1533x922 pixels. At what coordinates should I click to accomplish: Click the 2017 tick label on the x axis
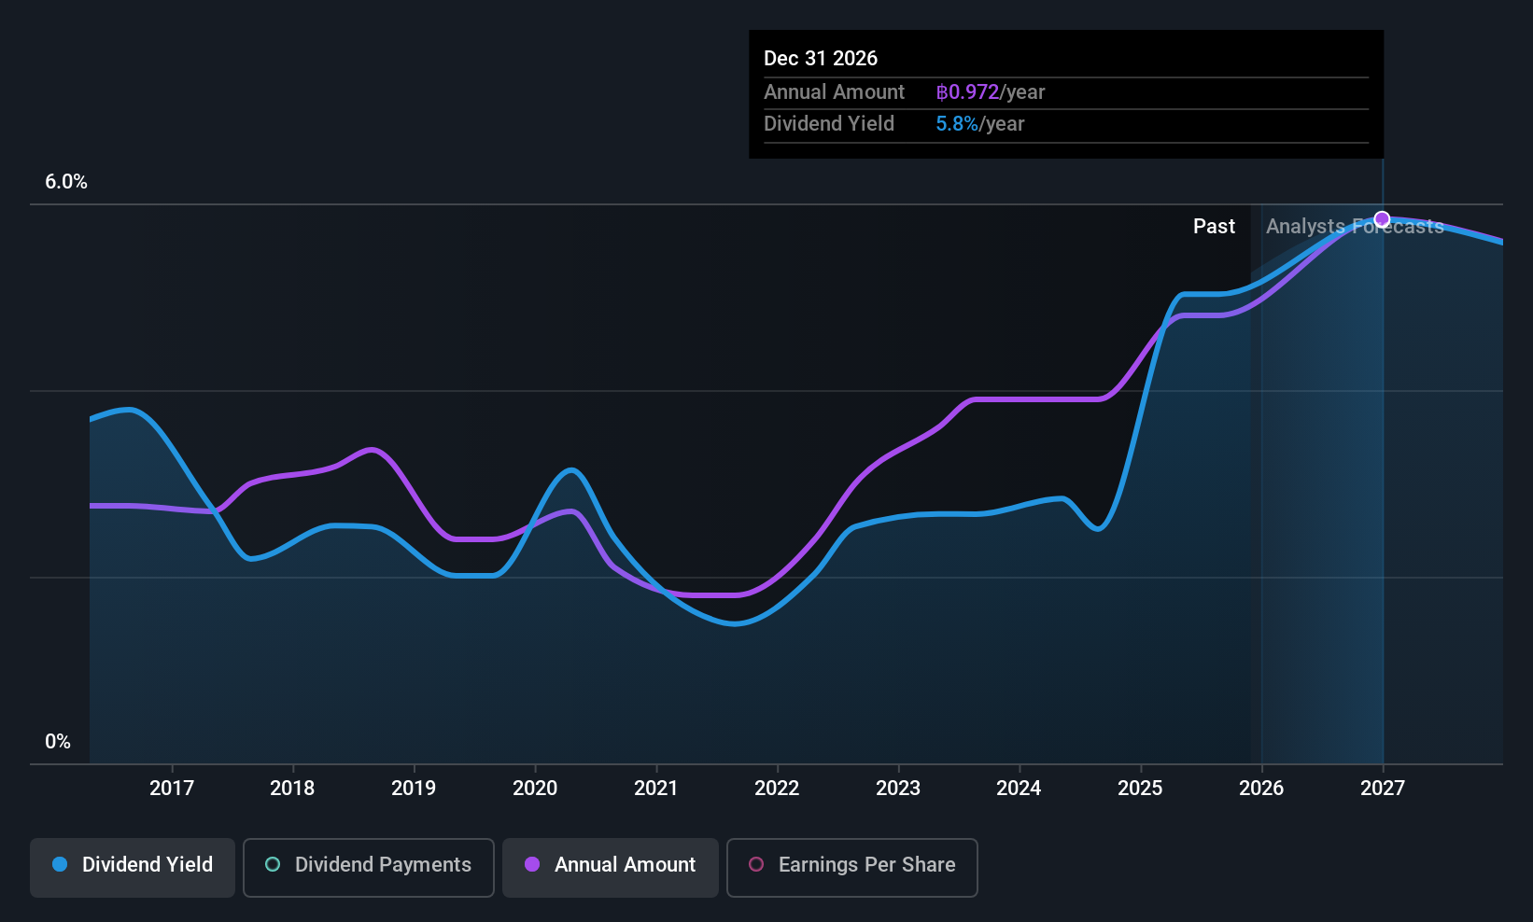(172, 788)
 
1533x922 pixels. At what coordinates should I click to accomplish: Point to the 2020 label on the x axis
(535, 788)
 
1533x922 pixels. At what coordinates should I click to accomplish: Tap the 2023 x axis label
(898, 788)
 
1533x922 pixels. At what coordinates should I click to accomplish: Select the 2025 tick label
(1140, 788)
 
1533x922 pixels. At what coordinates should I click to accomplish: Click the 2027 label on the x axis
(1382, 788)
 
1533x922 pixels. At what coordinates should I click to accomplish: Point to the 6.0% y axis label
(66, 182)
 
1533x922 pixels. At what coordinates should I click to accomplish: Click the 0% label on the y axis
(58, 742)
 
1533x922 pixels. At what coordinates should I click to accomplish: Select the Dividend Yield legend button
(133, 865)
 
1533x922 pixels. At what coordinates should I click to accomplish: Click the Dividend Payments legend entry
(369, 865)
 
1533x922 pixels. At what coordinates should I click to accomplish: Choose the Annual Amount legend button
(611, 865)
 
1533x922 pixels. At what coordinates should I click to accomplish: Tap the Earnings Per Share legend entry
(851, 865)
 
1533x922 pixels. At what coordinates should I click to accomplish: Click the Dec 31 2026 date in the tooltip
(821, 58)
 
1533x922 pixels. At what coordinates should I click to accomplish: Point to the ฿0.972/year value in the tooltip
(990, 92)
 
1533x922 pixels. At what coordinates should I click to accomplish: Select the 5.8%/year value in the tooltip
(979, 124)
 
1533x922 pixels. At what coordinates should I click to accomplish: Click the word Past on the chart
(1214, 227)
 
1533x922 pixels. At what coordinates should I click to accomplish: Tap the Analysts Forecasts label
(1354, 227)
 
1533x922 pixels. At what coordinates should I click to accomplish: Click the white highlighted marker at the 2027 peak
(1382, 219)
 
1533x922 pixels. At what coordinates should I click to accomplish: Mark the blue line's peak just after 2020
(570, 469)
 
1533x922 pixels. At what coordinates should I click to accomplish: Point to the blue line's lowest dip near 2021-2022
(735, 623)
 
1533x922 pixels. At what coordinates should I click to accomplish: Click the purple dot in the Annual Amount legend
(532, 865)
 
